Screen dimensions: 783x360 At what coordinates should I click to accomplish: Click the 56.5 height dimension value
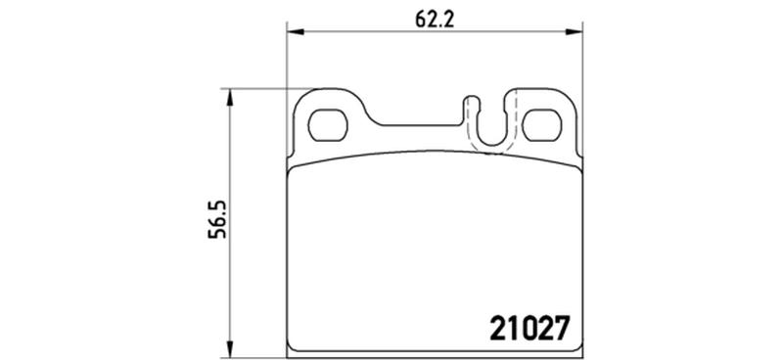point(217,220)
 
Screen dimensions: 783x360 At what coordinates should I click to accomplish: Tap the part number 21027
point(530,328)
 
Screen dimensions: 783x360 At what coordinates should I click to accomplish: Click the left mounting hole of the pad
point(328,125)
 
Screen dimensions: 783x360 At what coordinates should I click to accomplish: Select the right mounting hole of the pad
point(542,125)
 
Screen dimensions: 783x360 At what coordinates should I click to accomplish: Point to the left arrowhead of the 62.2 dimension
point(296,32)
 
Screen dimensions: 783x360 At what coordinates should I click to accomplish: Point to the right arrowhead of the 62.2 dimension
point(574,32)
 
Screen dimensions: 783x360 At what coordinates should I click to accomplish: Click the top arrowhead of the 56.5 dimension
point(230,98)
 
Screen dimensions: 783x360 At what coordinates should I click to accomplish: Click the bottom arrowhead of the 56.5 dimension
point(230,348)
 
